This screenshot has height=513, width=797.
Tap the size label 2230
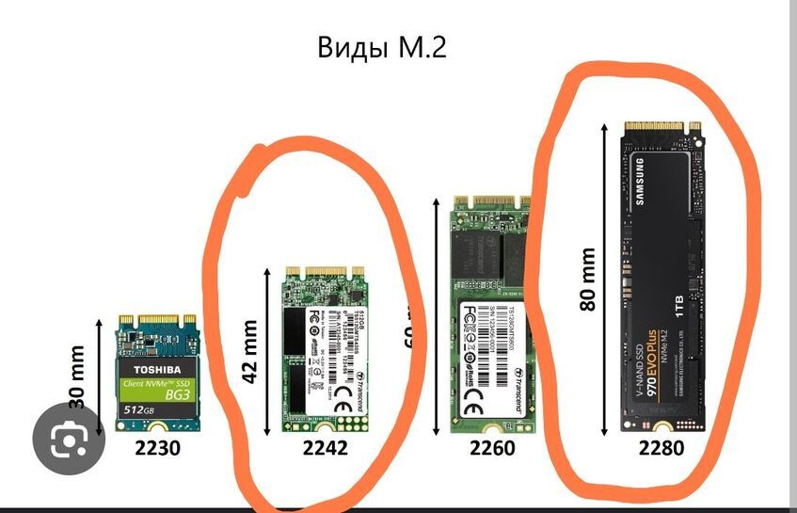156,448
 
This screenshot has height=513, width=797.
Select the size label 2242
325,448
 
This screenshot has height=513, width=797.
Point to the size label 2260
492,448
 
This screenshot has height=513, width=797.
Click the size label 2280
662,448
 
